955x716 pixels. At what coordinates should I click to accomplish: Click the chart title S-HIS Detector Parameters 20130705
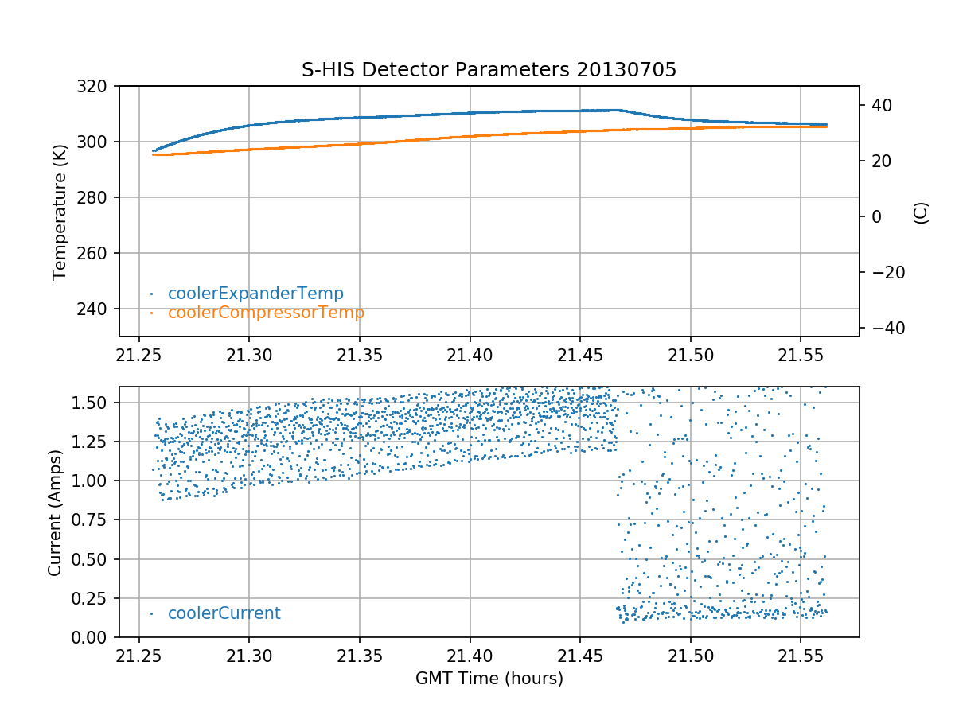point(489,70)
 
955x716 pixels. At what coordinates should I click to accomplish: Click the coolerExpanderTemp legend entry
point(255,294)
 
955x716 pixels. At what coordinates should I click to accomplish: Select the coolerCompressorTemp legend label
point(266,313)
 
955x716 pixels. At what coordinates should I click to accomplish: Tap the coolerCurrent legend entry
point(224,613)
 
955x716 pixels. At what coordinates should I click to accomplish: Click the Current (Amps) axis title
point(55,512)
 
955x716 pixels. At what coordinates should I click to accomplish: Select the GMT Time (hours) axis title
point(489,679)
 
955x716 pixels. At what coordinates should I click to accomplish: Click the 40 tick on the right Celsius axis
point(880,105)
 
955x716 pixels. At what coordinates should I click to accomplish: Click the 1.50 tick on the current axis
point(93,403)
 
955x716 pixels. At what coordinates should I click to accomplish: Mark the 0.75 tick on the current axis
point(93,519)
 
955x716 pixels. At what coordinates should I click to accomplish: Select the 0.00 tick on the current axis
point(93,637)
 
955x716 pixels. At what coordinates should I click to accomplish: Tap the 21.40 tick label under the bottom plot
point(470,655)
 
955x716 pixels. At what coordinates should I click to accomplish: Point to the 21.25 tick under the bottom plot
point(139,655)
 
